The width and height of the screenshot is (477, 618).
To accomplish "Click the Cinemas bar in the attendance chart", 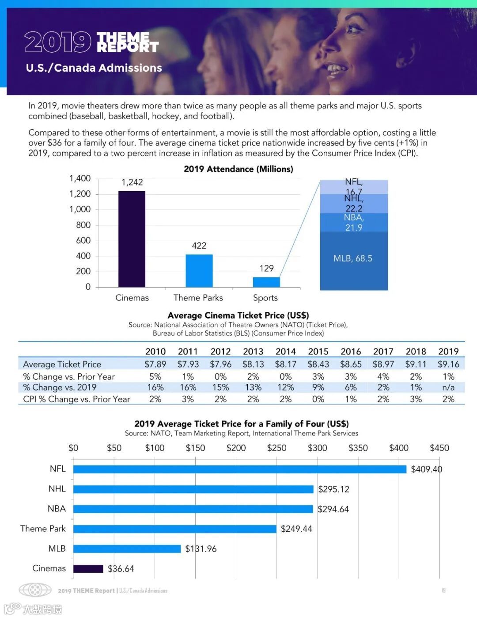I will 132,239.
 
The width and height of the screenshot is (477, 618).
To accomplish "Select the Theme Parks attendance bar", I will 199,271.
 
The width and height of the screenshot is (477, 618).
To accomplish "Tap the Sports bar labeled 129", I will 266,282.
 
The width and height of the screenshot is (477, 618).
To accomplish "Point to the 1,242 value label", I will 132,182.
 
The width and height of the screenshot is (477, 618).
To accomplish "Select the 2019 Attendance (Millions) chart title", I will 238,169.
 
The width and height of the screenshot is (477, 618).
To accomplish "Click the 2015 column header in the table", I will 318,351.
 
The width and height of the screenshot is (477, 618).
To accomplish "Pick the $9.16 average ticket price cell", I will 448,364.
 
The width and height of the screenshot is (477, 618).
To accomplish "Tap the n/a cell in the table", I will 448,387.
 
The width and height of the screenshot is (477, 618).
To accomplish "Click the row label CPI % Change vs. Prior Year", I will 76,399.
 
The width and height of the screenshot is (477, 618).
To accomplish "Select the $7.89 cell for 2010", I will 155,364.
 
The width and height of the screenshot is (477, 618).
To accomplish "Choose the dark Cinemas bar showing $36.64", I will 88,568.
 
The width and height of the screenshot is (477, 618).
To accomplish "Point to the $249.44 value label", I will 296,529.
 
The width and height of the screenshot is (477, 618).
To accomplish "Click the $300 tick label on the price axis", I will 317,448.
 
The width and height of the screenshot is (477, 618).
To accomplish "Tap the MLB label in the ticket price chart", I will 57,549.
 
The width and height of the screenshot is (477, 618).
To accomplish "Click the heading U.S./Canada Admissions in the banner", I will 94,68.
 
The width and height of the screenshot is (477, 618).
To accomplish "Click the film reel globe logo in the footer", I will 35,590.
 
